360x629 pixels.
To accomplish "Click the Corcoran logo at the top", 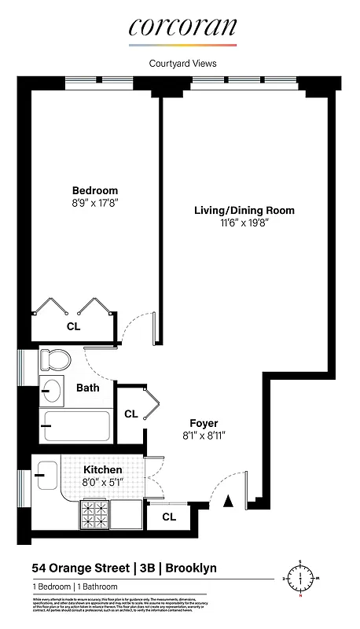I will pos(182,28).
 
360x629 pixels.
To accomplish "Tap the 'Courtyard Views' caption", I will pos(182,64).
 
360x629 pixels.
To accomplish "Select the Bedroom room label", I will pos(95,190).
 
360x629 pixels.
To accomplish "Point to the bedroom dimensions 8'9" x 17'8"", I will pos(95,203).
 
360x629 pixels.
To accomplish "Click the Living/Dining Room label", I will pos(244,210).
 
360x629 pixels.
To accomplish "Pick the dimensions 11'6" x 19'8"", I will pos(244,223).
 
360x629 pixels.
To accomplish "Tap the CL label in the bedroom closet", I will pos(73,326).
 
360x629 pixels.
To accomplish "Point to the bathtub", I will pos(75,427).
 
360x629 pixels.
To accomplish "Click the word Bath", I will pos(87,388).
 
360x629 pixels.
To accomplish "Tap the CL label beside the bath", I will pos(130,414).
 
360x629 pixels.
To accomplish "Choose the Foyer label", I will pos(204,423).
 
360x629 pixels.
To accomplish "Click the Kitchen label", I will pos(103,469).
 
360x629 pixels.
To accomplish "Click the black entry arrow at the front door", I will pos(229,501).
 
